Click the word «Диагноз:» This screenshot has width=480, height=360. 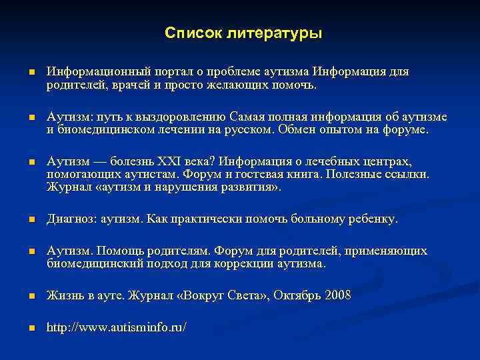71,219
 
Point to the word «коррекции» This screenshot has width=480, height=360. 241,264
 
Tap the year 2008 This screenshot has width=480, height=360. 337,295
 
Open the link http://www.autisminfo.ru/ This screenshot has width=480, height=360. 117,327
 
